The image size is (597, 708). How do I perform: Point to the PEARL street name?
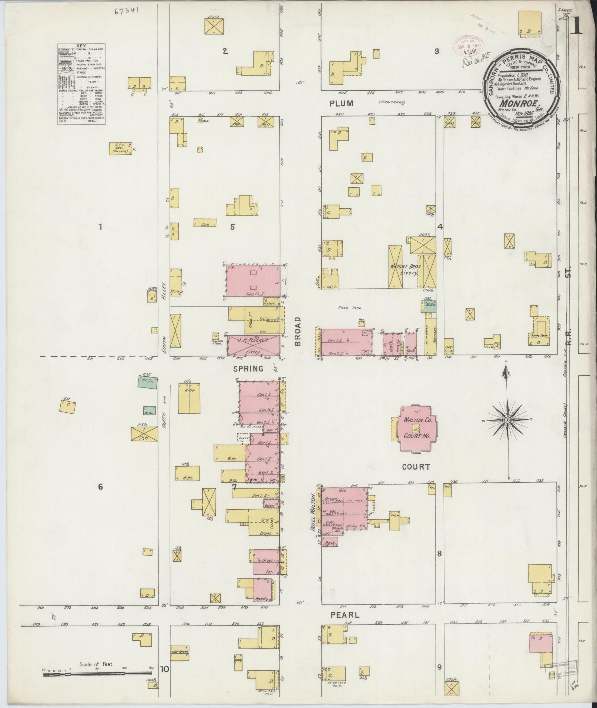[x=344, y=615]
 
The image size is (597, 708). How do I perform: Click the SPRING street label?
[x=248, y=369]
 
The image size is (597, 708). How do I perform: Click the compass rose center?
[x=507, y=420]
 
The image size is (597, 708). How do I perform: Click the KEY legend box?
[x=81, y=84]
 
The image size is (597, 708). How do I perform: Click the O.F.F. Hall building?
[x=120, y=148]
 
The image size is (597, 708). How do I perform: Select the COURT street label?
[x=416, y=467]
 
